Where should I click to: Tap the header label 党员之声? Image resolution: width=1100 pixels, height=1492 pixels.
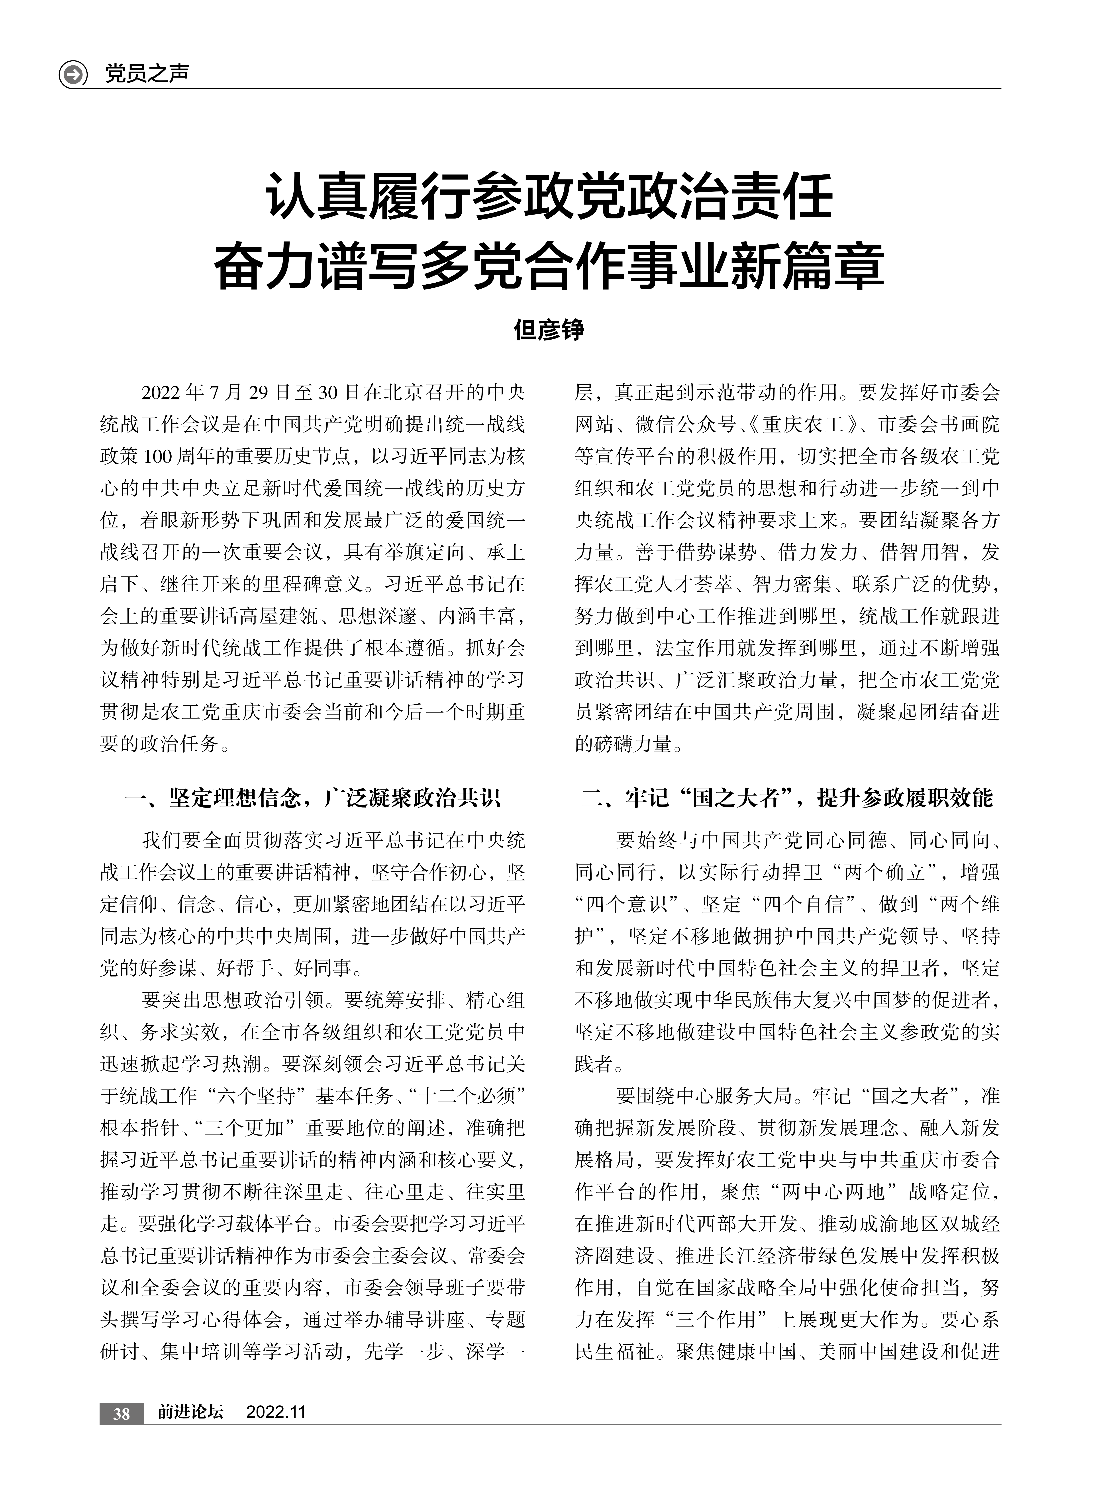(147, 73)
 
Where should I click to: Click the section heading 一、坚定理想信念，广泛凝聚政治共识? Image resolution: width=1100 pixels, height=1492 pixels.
(313, 798)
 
